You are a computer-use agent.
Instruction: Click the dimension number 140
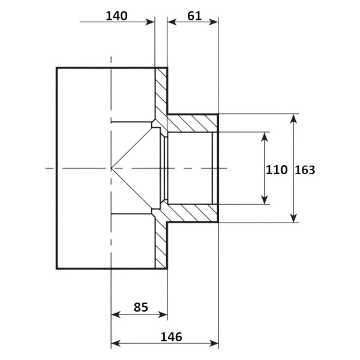pyautogui.click(x=116, y=16)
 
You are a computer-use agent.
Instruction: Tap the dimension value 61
pyautogui.click(x=194, y=16)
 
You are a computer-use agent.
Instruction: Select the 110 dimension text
pyautogui.click(x=277, y=170)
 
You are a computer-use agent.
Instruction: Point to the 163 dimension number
pyautogui.click(x=305, y=170)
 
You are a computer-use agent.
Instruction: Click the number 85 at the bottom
pyautogui.click(x=141, y=307)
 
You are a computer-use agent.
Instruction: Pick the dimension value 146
pyautogui.click(x=171, y=337)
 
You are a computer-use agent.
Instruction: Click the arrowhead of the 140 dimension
pyautogui.click(x=151, y=22)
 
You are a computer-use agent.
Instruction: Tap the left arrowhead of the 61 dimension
pyautogui.click(x=172, y=22)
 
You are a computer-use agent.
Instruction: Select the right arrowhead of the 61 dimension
pyautogui.click(x=213, y=22)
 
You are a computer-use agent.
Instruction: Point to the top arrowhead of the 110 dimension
pyautogui.click(x=265, y=137)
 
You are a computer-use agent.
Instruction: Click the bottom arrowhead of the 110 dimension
pyautogui.click(x=265, y=200)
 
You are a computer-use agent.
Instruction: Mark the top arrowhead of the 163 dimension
pyautogui.click(x=293, y=118)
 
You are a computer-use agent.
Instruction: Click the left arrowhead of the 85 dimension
pyautogui.click(x=116, y=314)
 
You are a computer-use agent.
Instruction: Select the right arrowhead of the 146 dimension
pyautogui.click(x=214, y=343)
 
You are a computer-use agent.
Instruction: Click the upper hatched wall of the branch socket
pyautogui.click(x=193, y=123)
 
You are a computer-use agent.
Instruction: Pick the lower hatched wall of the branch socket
pyautogui.click(x=193, y=213)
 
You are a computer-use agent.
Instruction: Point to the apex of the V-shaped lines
pyautogui.click(x=112, y=168)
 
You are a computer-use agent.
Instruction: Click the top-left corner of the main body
pyautogui.click(x=57, y=68)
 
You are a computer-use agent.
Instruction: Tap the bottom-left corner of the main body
pyautogui.click(x=57, y=269)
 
